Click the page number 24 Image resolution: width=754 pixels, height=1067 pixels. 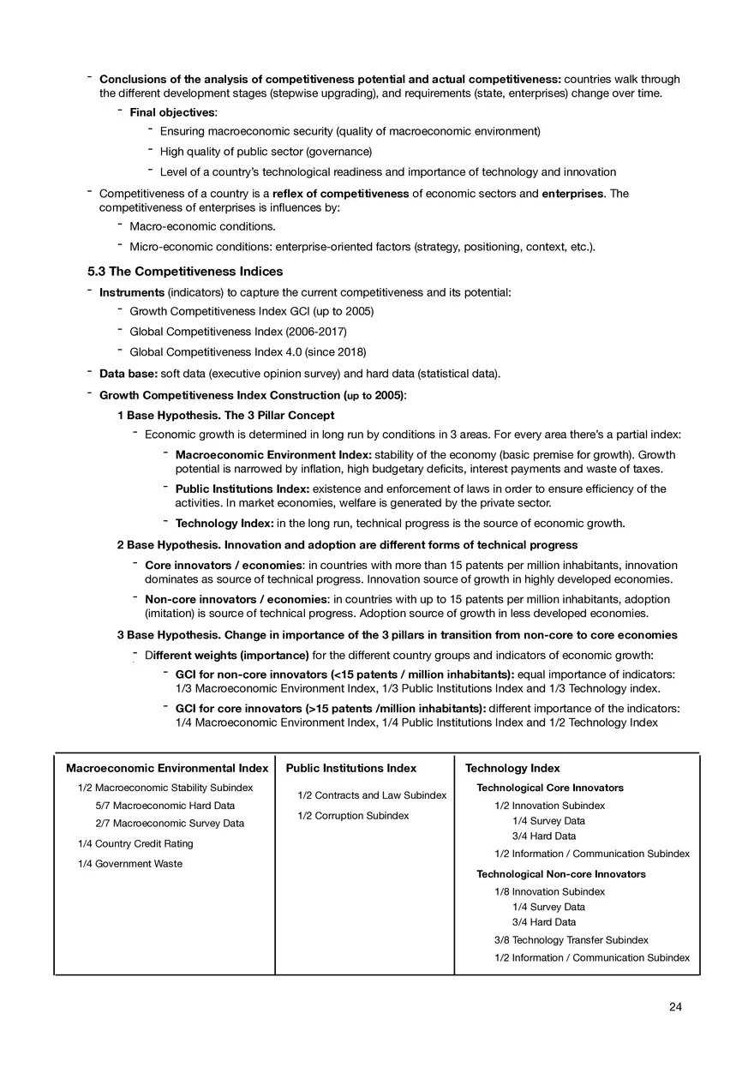click(x=675, y=1007)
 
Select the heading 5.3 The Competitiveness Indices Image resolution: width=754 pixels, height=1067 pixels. click(x=185, y=272)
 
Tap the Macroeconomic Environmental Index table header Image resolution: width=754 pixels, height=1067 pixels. click(x=167, y=768)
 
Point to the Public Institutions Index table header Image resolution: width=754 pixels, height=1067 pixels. click(x=351, y=768)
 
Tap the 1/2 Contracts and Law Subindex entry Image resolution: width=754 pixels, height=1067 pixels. click(x=372, y=795)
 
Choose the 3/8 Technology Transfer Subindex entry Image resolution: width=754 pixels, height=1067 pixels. click(x=571, y=940)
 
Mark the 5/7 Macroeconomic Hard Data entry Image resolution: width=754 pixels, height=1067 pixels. click(x=165, y=805)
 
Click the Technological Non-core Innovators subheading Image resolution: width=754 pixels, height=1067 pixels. click(x=561, y=874)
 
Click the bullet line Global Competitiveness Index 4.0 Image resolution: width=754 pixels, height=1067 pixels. click(x=248, y=352)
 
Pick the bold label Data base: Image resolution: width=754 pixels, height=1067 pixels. click(x=129, y=374)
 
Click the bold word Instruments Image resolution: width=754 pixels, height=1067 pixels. click(x=132, y=292)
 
